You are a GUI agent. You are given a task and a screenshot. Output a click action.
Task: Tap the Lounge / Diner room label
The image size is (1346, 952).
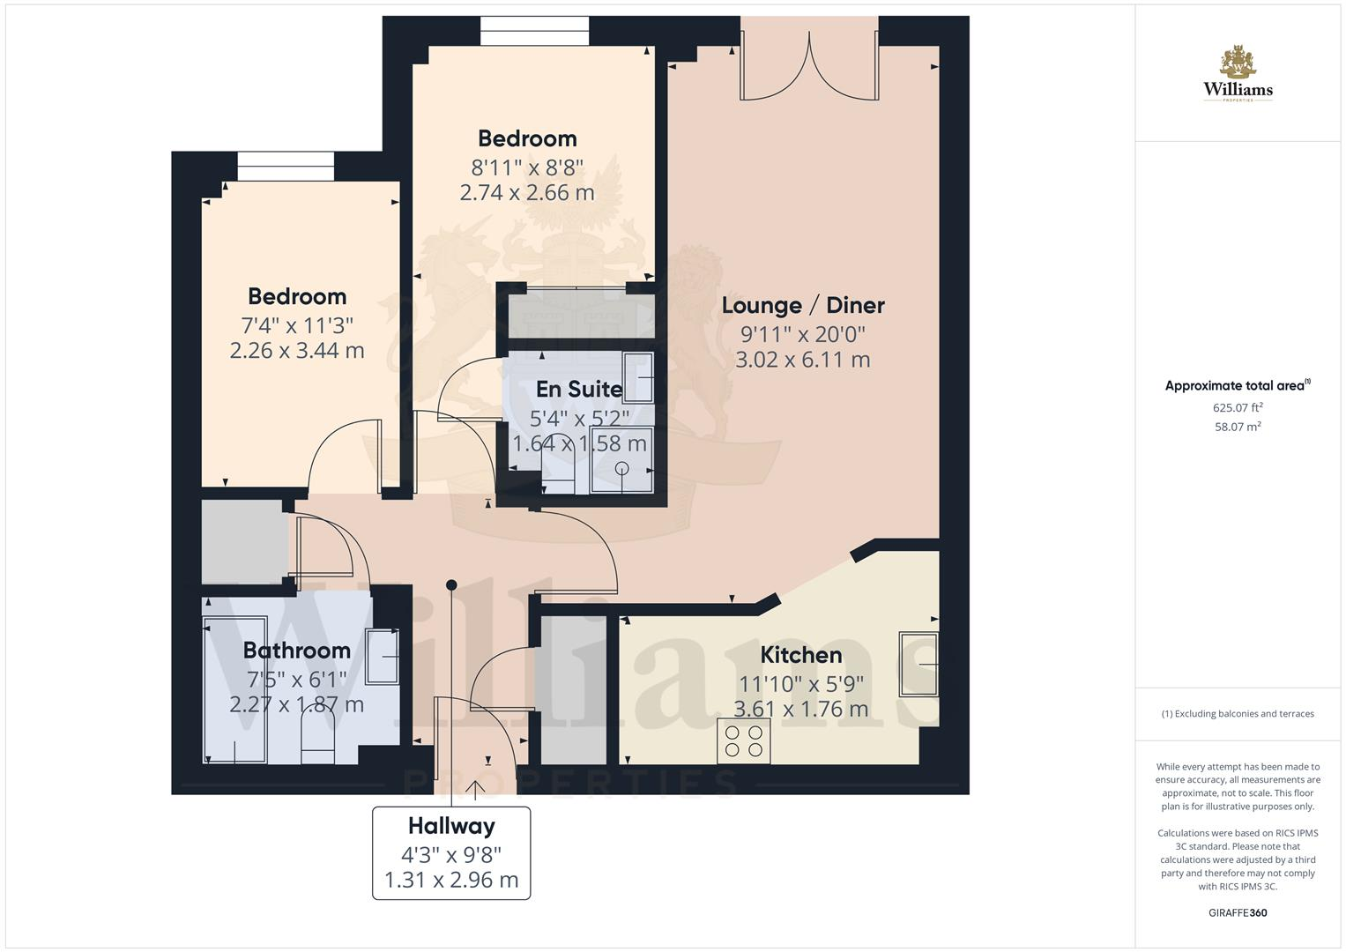tap(803, 305)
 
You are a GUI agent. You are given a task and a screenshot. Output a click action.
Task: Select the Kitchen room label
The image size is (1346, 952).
tap(800, 655)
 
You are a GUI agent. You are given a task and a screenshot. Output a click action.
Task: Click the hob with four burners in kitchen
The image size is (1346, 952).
tap(744, 740)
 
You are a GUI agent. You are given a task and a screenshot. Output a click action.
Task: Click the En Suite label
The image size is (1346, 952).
tap(579, 389)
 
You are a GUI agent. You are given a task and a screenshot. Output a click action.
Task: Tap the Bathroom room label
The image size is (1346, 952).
tap(296, 651)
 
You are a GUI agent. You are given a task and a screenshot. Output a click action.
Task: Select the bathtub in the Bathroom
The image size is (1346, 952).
tap(234, 689)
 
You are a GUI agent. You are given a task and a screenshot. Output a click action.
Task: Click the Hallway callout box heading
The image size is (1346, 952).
tap(451, 826)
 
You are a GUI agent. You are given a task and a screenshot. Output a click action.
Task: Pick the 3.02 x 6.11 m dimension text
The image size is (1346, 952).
tap(803, 360)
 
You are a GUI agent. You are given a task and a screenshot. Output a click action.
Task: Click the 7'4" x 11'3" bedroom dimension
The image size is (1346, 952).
tap(297, 324)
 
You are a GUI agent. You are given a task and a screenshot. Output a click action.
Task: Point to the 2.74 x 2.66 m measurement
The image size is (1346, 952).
tap(527, 192)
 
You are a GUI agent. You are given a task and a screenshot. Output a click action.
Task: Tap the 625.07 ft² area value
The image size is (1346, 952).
tap(1238, 407)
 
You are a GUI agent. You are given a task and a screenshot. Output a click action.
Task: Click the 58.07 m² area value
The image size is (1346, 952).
tap(1238, 427)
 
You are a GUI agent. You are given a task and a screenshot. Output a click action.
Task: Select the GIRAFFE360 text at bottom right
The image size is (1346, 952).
tap(1238, 913)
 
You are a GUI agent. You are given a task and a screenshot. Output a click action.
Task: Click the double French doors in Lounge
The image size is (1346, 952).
tap(809, 66)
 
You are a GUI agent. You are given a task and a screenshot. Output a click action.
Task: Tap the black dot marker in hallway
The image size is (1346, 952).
tap(451, 584)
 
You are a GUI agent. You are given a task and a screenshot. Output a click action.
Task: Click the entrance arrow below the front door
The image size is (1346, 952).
tap(476, 789)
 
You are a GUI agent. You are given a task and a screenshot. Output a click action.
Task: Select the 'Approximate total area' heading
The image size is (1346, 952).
tap(1236, 386)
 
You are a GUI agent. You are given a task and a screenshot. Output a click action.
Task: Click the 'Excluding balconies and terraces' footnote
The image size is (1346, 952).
tap(1238, 714)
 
